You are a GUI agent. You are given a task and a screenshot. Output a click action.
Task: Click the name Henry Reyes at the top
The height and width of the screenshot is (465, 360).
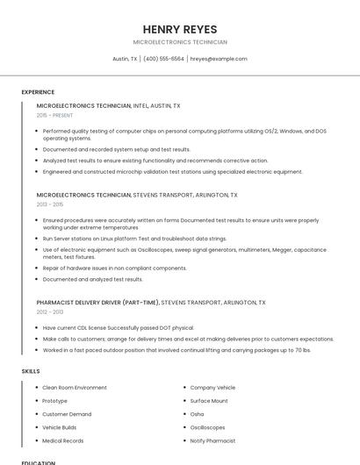pos(179,29)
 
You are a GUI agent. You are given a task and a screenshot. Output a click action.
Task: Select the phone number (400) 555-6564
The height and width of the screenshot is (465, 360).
pos(163,59)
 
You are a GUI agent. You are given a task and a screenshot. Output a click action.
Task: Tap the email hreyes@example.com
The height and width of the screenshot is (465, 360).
pos(219,59)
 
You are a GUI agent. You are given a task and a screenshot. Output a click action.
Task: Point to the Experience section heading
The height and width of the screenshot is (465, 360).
pos(38,92)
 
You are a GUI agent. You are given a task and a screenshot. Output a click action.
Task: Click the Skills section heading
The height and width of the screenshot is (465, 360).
pos(31,371)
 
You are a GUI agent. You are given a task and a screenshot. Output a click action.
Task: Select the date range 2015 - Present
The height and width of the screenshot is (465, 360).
pos(54,115)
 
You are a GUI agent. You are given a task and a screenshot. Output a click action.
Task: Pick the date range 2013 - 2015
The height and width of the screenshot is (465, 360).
pos(50,204)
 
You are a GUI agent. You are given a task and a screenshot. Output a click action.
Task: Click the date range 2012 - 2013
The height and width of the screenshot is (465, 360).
pos(50,311)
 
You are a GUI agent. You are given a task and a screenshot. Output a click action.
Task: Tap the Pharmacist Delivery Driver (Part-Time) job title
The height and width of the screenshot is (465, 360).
pos(97,303)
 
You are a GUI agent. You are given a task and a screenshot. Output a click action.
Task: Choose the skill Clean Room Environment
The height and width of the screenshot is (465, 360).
pos(75,388)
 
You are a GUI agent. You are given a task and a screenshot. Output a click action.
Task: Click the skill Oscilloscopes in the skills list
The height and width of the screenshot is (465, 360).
pos(207,427)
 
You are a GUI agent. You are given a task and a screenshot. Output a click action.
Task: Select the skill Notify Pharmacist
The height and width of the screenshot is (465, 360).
pos(212,440)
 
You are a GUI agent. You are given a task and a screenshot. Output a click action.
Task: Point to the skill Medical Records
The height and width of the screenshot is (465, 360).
pos(63,440)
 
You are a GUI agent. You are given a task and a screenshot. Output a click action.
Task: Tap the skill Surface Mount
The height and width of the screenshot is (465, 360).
pos(209,401)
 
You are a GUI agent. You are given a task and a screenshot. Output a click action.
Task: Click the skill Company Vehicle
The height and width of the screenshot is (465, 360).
pos(212,388)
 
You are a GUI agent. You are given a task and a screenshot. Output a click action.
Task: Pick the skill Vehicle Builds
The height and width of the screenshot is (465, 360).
pos(60,427)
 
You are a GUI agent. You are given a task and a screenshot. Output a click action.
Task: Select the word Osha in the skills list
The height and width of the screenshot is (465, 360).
pos(197,414)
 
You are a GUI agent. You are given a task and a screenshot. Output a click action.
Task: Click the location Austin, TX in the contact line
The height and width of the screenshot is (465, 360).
pos(125,59)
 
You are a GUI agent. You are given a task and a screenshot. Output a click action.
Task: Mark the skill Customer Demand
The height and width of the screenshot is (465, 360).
pos(67,414)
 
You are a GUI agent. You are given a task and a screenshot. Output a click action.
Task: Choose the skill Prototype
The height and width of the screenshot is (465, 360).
pos(54,401)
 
